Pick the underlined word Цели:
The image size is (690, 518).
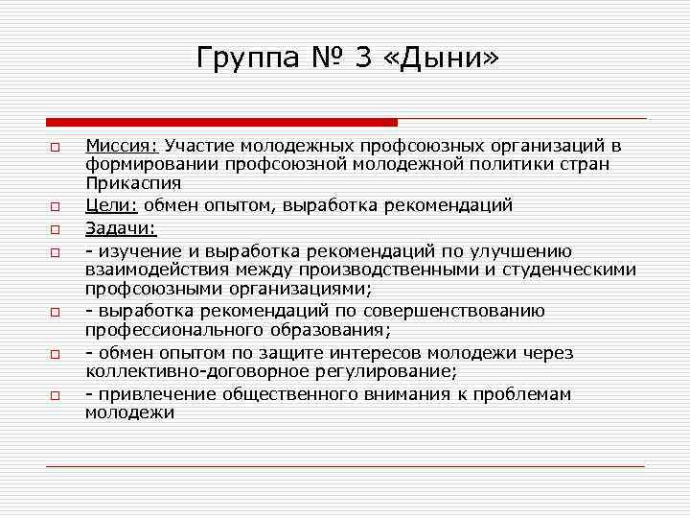point(111,205)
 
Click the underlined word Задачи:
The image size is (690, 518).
point(120,228)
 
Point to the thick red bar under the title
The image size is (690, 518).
point(221,122)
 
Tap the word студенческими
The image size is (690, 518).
point(574,270)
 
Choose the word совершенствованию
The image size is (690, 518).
point(464,311)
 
